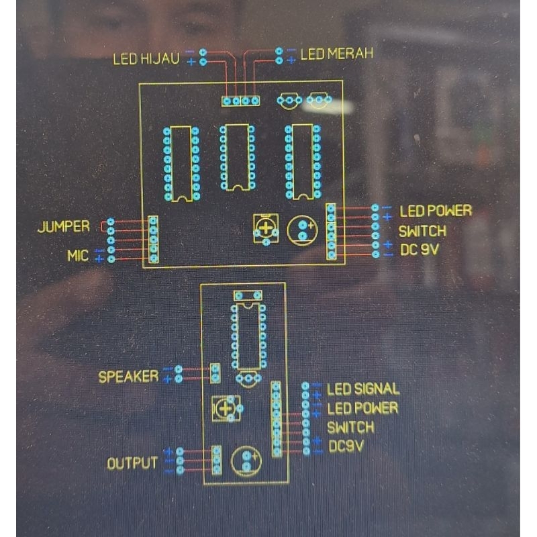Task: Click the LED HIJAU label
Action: [146, 59]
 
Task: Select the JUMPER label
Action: [64, 227]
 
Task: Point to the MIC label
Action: [78, 256]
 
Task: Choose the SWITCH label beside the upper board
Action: [422, 232]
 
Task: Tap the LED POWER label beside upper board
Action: [436, 211]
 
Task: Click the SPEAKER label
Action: [129, 377]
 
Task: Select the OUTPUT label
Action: [133, 463]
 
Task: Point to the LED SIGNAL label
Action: [363, 389]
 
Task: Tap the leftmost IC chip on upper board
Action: [181, 164]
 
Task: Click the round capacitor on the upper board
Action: [303, 230]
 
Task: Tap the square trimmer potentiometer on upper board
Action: [266, 228]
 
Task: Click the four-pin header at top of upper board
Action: [241, 101]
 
